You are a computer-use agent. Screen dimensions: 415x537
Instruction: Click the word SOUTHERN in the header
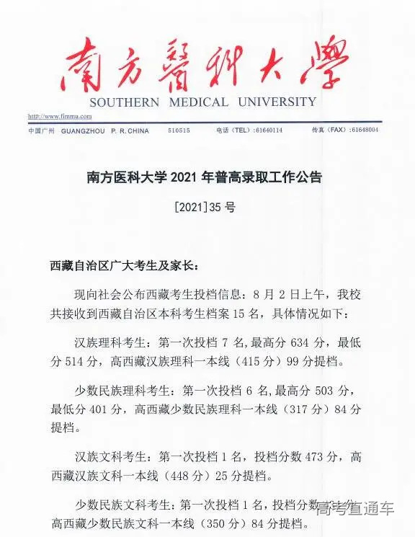point(125,102)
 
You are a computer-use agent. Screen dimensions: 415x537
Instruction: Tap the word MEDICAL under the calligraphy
point(200,102)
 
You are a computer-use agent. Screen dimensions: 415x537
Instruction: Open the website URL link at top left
point(60,116)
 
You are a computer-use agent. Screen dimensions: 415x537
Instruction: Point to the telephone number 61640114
point(269,130)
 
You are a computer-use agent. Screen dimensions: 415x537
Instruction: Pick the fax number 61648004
point(364,130)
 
